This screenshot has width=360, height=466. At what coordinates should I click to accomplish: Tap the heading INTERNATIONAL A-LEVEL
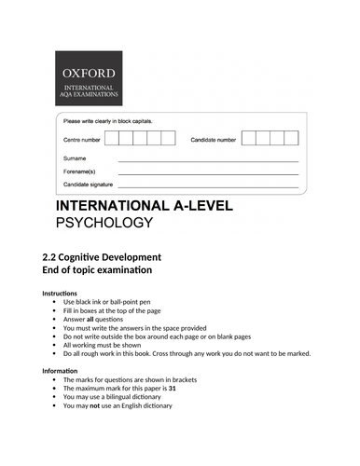[x=145, y=206]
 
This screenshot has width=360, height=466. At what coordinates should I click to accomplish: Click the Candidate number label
[x=215, y=139]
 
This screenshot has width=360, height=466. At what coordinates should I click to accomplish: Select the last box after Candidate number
[x=292, y=138]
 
